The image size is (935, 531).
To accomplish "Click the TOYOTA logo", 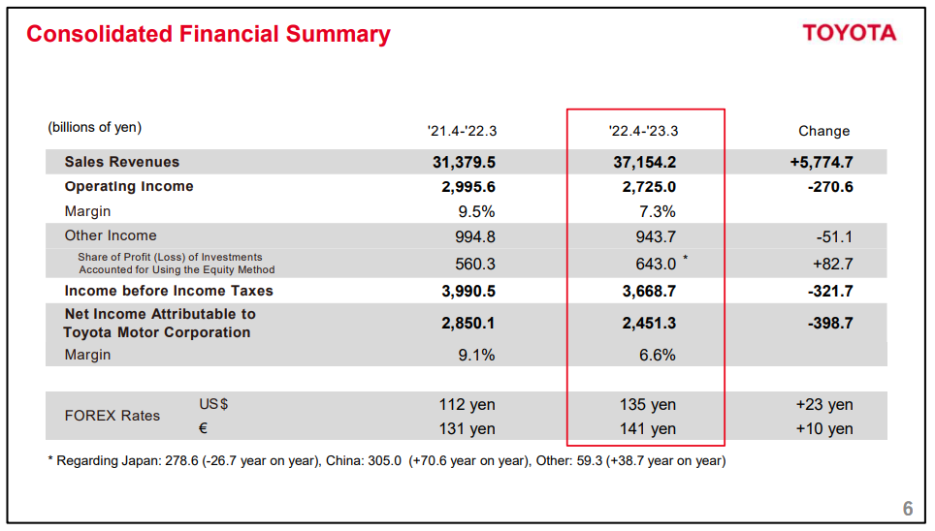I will tap(849, 34).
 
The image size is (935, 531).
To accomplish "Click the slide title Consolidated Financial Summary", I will tap(208, 35).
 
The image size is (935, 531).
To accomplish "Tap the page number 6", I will tap(908, 509).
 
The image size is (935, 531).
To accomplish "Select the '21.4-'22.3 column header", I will tap(462, 131).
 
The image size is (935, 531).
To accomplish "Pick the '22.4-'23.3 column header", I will tap(644, 131).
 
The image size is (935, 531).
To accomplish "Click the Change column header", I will tap(823, 131).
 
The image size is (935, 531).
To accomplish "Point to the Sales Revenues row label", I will tap(122, 162).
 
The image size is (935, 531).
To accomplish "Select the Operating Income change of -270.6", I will tap(829, 186).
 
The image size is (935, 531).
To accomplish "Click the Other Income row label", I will tap(111, 235).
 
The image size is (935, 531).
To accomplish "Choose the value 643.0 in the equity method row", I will tap(655, 264).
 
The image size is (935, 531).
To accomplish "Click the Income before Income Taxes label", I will tap(169, 291).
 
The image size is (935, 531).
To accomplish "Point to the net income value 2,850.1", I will tap(468, 324).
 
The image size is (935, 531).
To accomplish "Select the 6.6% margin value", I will tap(658, 356).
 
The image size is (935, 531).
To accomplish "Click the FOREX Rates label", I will tap(113, 416).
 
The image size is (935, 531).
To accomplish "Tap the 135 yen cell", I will tap(648, 404).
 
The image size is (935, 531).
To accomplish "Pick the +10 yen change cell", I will tap(823, 428).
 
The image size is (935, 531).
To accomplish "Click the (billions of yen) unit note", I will tap(94, 127).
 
